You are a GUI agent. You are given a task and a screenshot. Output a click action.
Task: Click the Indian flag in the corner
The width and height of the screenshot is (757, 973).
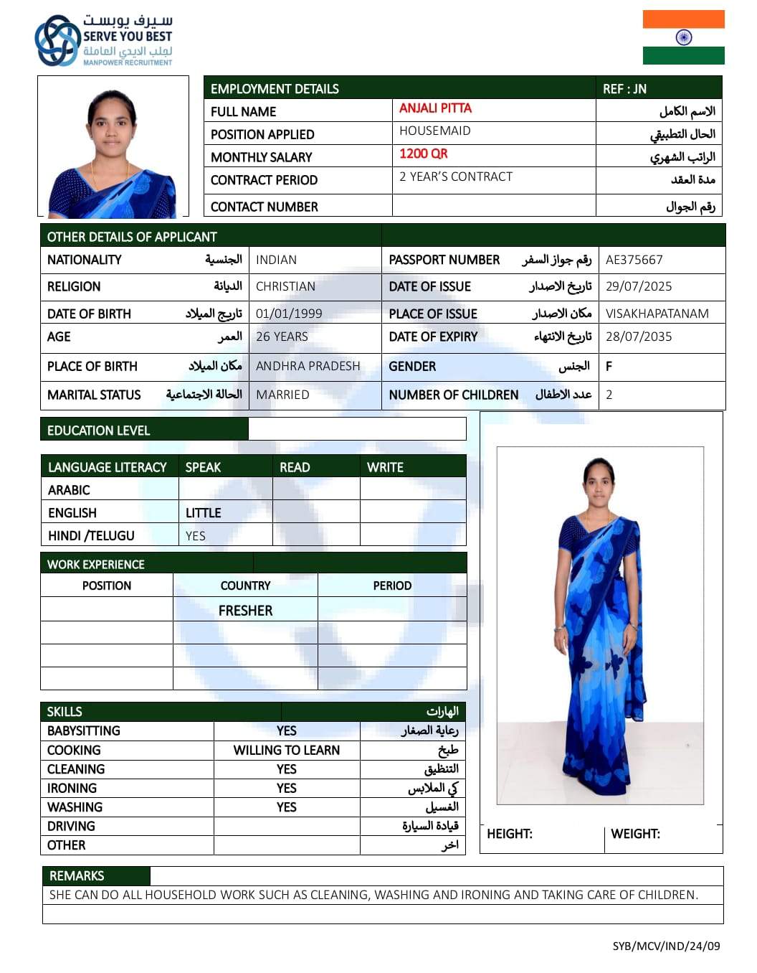coord(683,37)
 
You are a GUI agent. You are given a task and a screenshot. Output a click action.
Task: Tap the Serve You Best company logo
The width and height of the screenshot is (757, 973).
coord(104,40)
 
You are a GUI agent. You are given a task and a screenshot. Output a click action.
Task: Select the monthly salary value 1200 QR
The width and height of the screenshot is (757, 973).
coord(423,154)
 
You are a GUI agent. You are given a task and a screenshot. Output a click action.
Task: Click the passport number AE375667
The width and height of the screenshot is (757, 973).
coord(634,260)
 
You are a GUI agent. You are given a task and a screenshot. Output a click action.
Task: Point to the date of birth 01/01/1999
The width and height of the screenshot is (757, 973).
coord(289,314)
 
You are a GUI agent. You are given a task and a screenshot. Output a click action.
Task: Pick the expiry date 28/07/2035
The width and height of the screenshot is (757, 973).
coord(639,337)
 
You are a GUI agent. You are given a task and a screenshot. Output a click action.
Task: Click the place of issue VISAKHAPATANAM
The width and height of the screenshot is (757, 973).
coord(657,314)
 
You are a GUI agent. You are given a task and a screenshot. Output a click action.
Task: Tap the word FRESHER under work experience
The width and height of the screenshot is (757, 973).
coord(245,611)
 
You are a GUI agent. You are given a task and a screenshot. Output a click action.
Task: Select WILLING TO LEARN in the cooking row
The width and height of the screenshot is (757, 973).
coord(286,750)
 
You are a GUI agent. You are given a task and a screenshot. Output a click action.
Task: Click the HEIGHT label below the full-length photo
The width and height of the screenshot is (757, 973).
coord(509,834)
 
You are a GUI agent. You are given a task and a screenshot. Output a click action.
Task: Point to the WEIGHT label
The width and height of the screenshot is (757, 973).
coord(635,834)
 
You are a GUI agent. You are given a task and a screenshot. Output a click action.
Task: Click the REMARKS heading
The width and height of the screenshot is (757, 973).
coord(77,875)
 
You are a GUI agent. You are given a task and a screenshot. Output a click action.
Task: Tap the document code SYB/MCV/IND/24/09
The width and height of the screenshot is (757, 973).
coord(666,946)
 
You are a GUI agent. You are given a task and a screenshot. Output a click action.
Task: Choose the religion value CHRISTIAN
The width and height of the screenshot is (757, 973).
coord(285,286)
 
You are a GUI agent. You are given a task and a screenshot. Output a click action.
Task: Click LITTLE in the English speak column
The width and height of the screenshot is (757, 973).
coord(203,513)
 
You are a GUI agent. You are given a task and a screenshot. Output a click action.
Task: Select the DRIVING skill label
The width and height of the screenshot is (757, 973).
coord(71,826)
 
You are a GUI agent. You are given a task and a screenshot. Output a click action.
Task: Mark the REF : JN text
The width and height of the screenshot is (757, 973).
coord(624,89)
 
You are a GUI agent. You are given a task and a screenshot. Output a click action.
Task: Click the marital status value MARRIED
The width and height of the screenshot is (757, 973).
coord(282,395)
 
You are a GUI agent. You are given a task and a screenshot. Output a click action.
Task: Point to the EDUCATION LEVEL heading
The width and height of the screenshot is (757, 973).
coord(98,431)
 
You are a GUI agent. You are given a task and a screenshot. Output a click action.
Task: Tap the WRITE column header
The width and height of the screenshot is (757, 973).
coord(385,467)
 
